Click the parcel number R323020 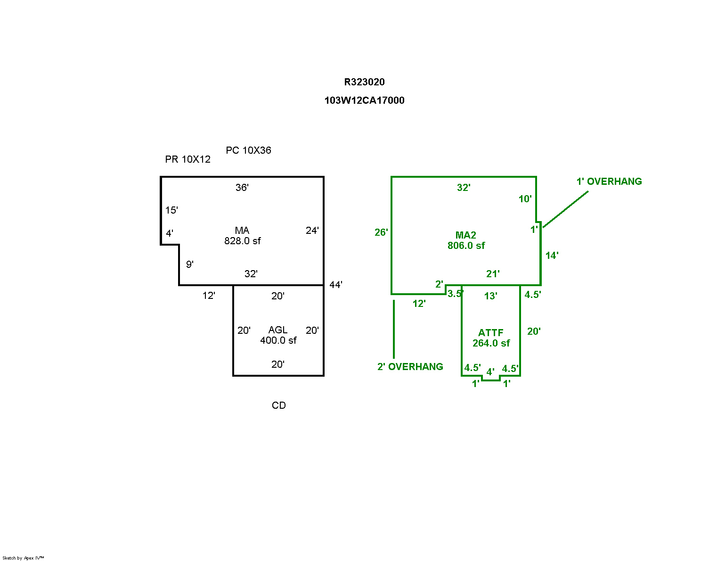(364, 82)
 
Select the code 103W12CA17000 (364, 100)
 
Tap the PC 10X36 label (248, 150)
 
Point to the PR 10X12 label (187, 159)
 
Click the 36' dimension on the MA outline (242, 188)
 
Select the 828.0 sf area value (242, 241)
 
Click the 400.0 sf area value (278, 340)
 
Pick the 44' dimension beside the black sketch (335, 285)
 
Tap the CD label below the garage (278, 405)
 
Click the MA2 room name (465, 235)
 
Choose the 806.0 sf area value (466, 246)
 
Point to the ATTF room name (490, 333)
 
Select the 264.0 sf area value (491, 343)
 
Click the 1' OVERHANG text (609, 181)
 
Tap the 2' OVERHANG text (410, 367)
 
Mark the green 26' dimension (381, 232)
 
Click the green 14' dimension (552, 256)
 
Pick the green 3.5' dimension (455, 294)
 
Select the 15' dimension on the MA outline (171, 210)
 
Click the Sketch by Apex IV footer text (23, 558)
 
